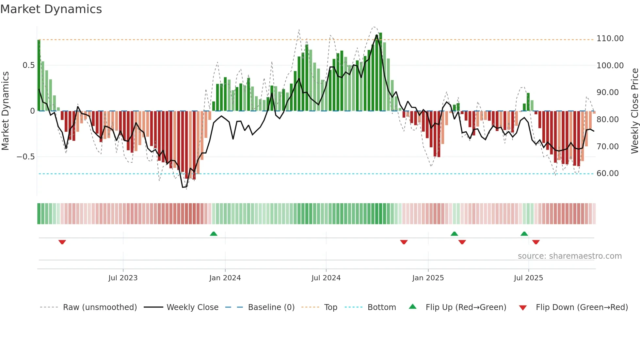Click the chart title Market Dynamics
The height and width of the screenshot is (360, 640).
click(x=51, y=9)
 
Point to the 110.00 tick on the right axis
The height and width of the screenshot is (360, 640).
click(x=610, y=39)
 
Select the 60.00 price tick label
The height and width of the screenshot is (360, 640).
click(x=607, y=173)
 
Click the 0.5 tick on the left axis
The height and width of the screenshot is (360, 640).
click(x=28, y=65)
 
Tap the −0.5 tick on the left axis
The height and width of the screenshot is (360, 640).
click(x=26, y=157)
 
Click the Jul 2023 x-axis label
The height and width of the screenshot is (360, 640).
click(x=123, y=278)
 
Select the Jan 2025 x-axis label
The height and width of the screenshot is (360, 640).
click(x=428, y=278)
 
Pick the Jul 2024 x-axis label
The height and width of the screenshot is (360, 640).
click(x=326, y=278)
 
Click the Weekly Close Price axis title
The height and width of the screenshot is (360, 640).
click(x=634, y=111)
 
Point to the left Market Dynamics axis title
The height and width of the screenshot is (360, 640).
click(x=5, y=111)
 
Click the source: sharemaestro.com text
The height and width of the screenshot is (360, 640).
click(x=569, y=256)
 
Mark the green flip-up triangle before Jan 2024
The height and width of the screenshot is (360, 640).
click(x=214, y=234)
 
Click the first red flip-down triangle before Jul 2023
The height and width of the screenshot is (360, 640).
click(x=62, y=242)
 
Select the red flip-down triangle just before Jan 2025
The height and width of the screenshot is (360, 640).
click(x=404, y=242)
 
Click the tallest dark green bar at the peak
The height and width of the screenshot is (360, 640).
click(x=380, y=72)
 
